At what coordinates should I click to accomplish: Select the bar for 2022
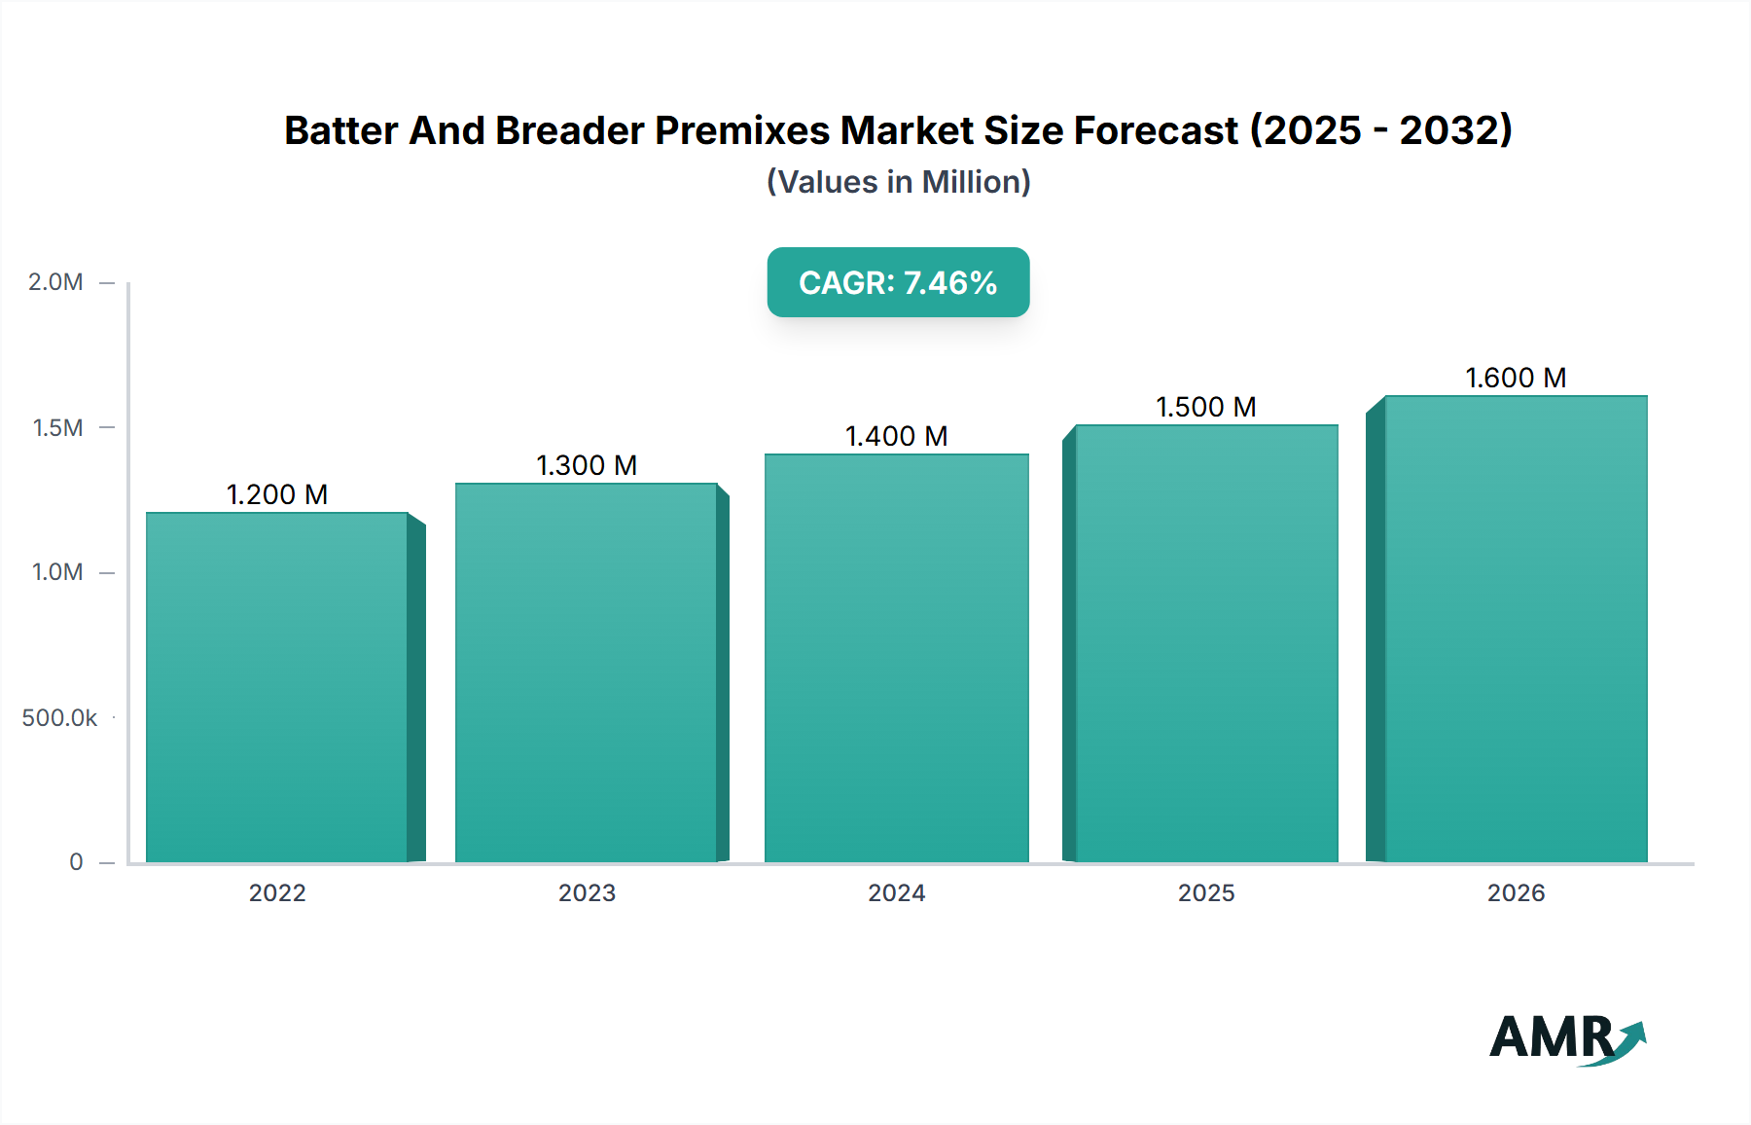pos(277,687)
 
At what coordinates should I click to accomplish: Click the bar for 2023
pos(587,672)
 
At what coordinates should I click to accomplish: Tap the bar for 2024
pos(897,658)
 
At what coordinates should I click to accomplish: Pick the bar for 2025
pos(1206,643)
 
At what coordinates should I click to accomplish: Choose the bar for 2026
pos(1516,629)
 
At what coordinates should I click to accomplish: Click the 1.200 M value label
pos(277,494)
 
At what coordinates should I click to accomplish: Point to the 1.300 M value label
pos(587,465)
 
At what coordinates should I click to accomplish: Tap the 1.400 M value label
pos(897,436)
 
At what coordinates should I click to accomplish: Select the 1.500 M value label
pos(1206,407)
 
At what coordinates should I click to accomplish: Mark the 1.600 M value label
pos(1516,378)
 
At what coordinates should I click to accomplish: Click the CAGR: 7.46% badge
pos(898,282)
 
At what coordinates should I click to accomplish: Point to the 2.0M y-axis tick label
pos(55,282)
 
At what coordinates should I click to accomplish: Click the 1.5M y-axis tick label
pos(57,427)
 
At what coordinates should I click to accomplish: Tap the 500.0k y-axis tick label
pos(59,718)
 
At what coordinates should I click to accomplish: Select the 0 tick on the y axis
pos(76,862)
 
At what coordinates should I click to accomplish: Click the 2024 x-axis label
pos(897,893)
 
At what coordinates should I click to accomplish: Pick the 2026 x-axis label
pos(1516,893)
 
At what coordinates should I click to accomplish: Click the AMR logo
pos(1566,1038)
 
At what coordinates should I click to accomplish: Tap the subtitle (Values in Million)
pos(898,182)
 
